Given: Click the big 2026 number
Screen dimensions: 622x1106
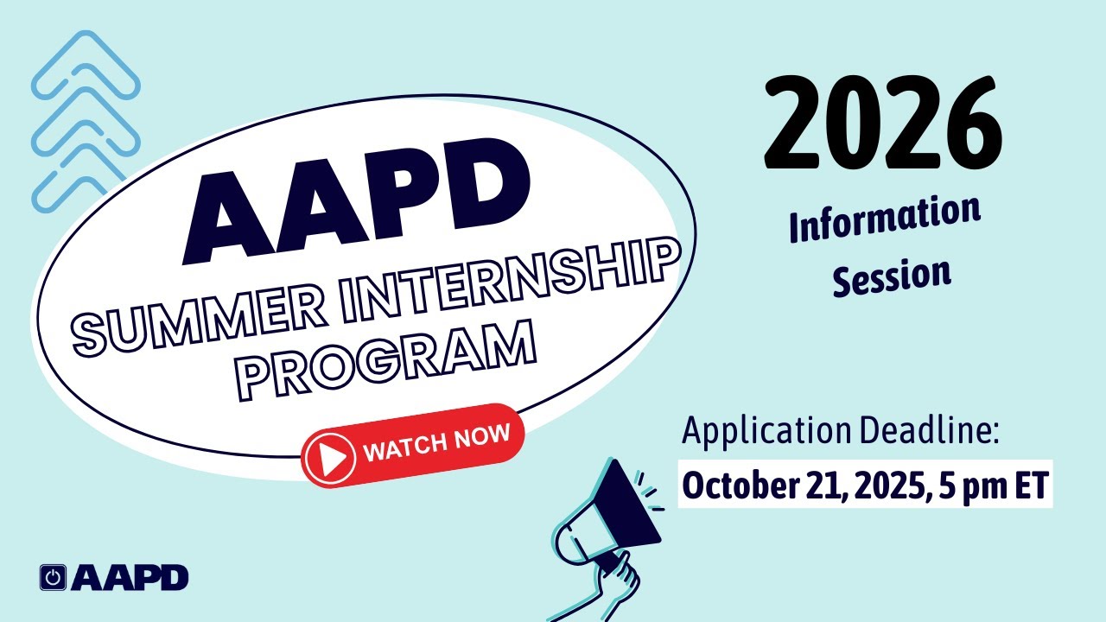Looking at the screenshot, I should click(882, 124).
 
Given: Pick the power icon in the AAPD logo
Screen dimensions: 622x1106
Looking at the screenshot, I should click(54, 577).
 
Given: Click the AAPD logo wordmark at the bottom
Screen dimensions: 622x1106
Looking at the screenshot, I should click(130, 577).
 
